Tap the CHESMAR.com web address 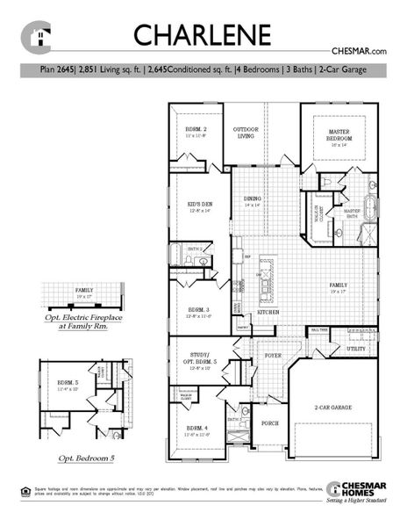[x=360, y=52]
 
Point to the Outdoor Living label [x=246, y=133]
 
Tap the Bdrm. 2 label [x=195, y=133]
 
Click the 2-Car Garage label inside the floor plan [x=335, y=408]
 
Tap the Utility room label [x=355, y=349]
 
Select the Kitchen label [x=268, y=312]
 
